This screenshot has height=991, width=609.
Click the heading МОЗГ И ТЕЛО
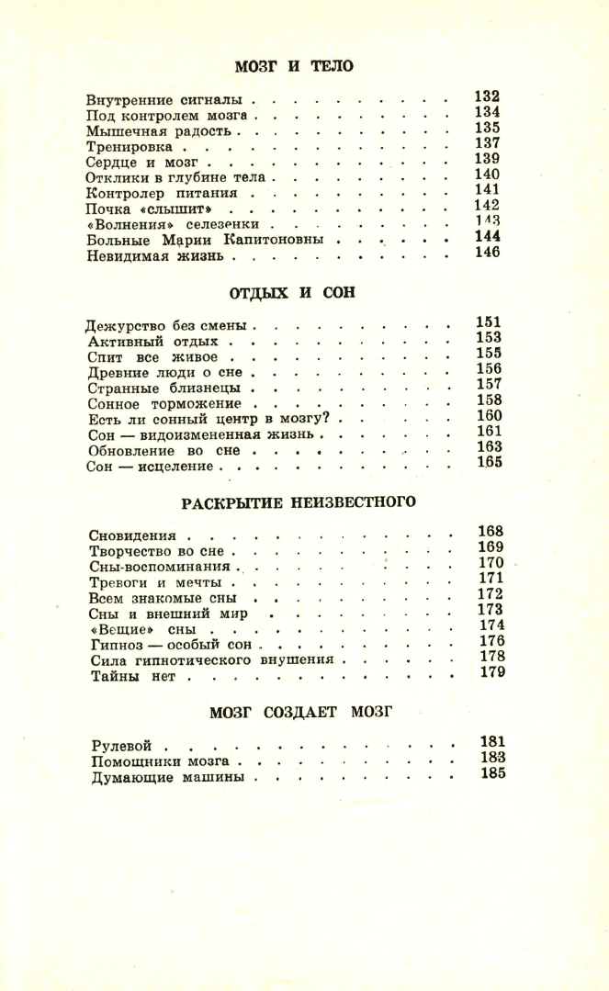[x=294, y=66]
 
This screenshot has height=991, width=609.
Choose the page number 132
[x=487, y=96]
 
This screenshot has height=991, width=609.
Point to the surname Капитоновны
[x=273, y=240]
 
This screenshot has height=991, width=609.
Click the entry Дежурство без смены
[x=168, y=326]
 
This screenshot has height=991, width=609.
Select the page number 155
[x=488, y=353]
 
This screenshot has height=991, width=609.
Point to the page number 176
[x=493, y=640]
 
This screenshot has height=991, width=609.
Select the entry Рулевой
[x=120, y=746]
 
